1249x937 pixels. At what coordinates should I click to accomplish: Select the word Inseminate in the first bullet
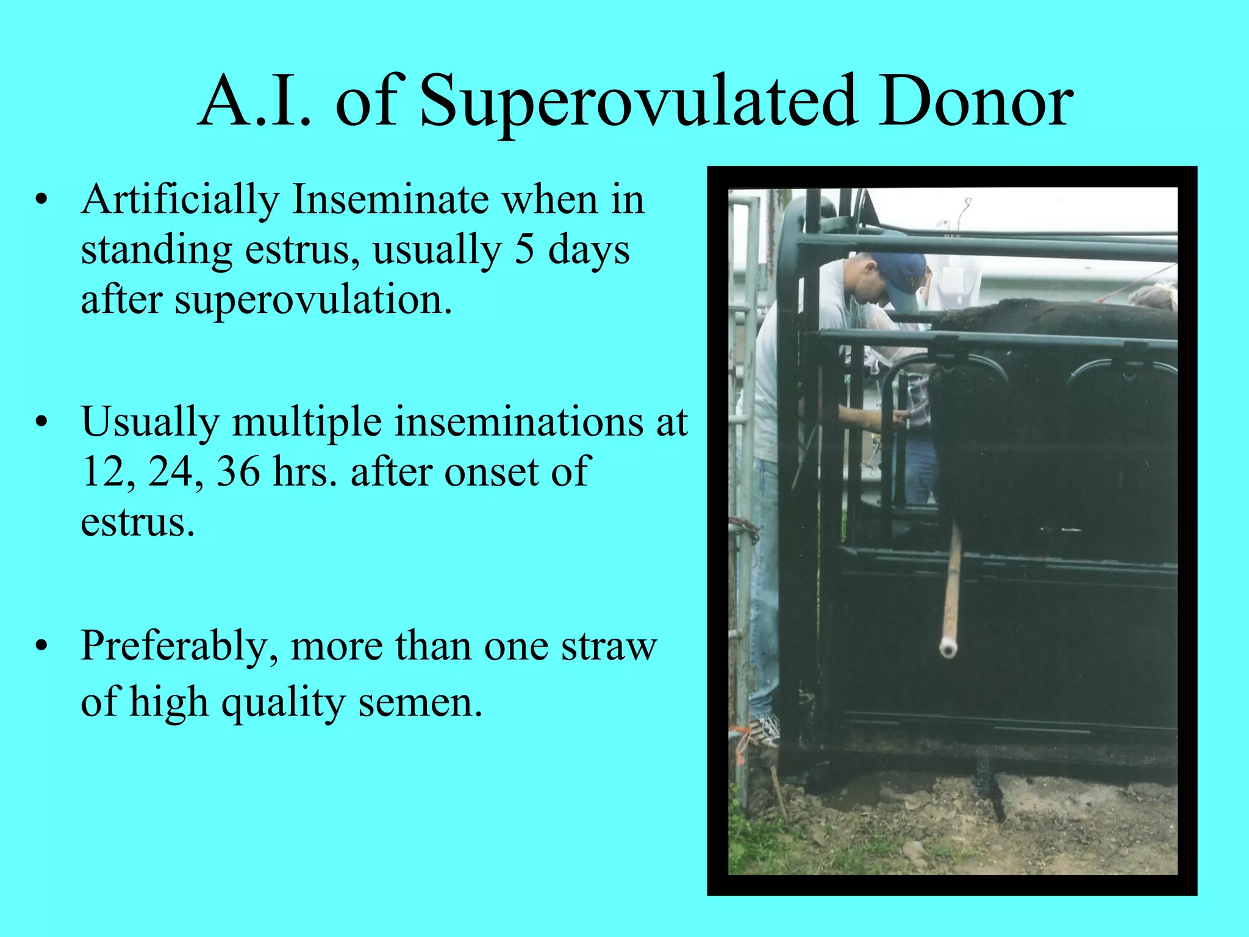click(x=390, y=200)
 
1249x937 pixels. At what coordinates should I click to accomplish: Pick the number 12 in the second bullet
click(x=104, y=472)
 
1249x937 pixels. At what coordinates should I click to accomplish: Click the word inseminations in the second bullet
click(x=519, y=422)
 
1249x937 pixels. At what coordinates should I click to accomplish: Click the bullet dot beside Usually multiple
click(x=41, y=422)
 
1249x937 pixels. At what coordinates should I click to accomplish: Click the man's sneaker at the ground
click(x=765, y=728)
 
